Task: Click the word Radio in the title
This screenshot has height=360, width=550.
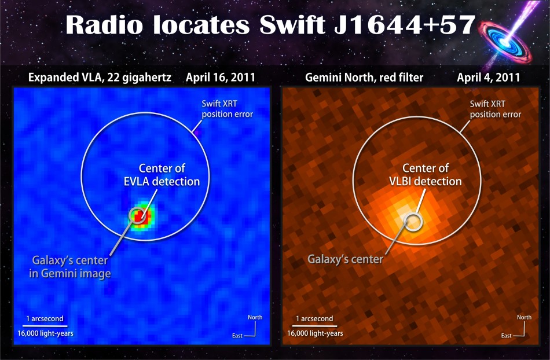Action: pos(104,25)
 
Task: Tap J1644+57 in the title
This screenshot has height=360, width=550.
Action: pos(405,25)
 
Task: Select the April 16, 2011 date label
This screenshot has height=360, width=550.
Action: pos(220,78)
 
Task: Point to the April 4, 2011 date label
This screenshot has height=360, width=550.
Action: pos(488,78)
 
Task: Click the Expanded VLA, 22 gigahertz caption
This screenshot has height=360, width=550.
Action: pos(100,78)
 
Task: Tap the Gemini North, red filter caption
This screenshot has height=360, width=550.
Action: pos(364,78)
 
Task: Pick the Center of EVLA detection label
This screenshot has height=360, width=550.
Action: pos(162,175)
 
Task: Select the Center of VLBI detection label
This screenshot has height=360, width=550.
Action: pos(426,175)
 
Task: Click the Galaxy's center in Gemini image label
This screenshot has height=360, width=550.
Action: pos(70,267)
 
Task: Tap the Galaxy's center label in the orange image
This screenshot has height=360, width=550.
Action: pos(345,259)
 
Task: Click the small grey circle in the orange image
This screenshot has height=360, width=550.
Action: pos(413,222)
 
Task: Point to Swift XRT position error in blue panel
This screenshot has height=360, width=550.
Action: pos(228,109)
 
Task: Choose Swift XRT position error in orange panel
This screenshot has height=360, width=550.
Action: pos(495,109)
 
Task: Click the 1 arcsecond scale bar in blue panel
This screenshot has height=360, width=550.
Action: pos(45,326)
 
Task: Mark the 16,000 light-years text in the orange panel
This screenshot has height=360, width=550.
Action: pos(315,333)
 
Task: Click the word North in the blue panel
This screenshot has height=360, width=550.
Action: pos(255,317)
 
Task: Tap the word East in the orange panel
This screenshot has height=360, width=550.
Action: pos(506,336)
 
